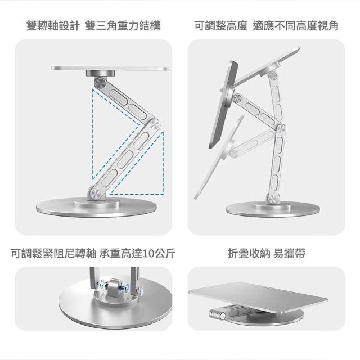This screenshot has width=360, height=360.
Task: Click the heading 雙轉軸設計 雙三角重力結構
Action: tap(93, 25)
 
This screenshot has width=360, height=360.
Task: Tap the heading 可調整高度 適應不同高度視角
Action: tap(266, 25)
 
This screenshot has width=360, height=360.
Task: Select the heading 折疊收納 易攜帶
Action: tap(266, 254)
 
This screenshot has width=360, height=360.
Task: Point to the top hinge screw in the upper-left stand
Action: tap(100, 83)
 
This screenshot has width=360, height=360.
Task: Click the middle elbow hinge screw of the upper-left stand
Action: tap(154, 126)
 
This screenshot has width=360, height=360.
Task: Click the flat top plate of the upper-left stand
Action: tap(110, 69)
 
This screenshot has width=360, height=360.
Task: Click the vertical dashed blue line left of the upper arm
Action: tap(92, 134)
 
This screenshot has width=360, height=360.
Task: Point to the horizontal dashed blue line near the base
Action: tap(136, 194)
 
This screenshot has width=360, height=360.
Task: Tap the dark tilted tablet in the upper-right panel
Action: tap(224, 105)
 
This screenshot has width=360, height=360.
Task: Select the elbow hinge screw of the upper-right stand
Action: tap(281, 130)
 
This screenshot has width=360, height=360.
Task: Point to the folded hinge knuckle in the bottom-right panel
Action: tap(218, 314)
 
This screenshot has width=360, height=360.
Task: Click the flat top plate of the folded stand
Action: tap(258, 296)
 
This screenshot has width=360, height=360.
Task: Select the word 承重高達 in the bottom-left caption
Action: tap(121, 254)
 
